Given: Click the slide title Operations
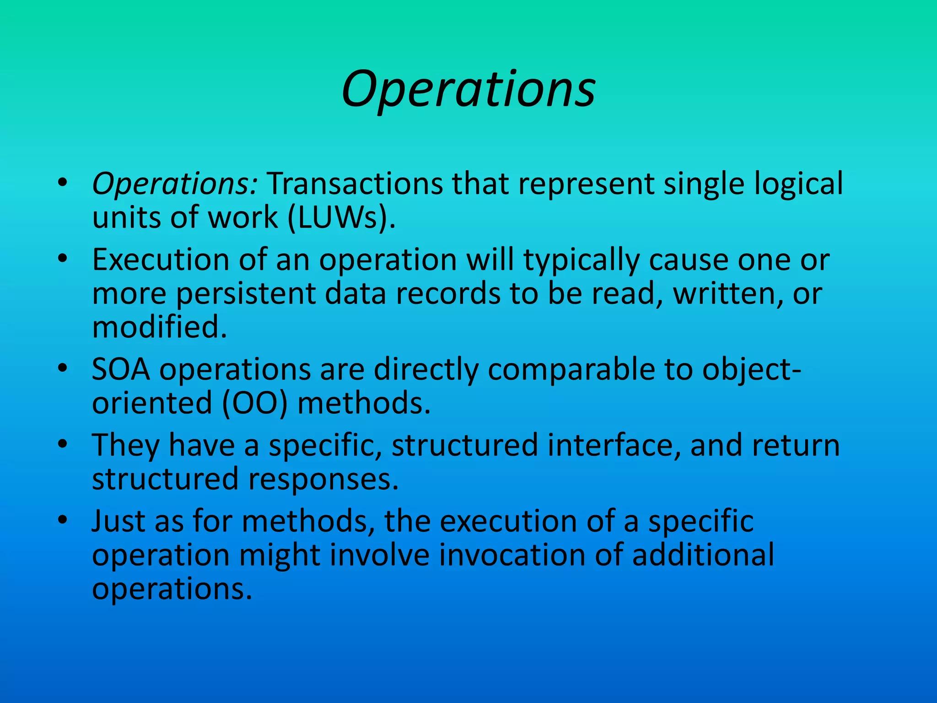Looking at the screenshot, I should tap(468, 89).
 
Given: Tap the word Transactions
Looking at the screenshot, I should tap(355, 184).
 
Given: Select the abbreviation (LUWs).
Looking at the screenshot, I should tap(341, 217).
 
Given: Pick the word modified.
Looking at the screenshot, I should tap(159, 327).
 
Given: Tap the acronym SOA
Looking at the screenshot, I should tap(121, 369).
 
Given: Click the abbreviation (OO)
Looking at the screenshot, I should tap(255, 403).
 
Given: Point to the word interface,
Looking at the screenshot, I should tap(614, 445).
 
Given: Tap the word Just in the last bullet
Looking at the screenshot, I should tap(118, 521).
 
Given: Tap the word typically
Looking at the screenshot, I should tap(582, 260).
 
